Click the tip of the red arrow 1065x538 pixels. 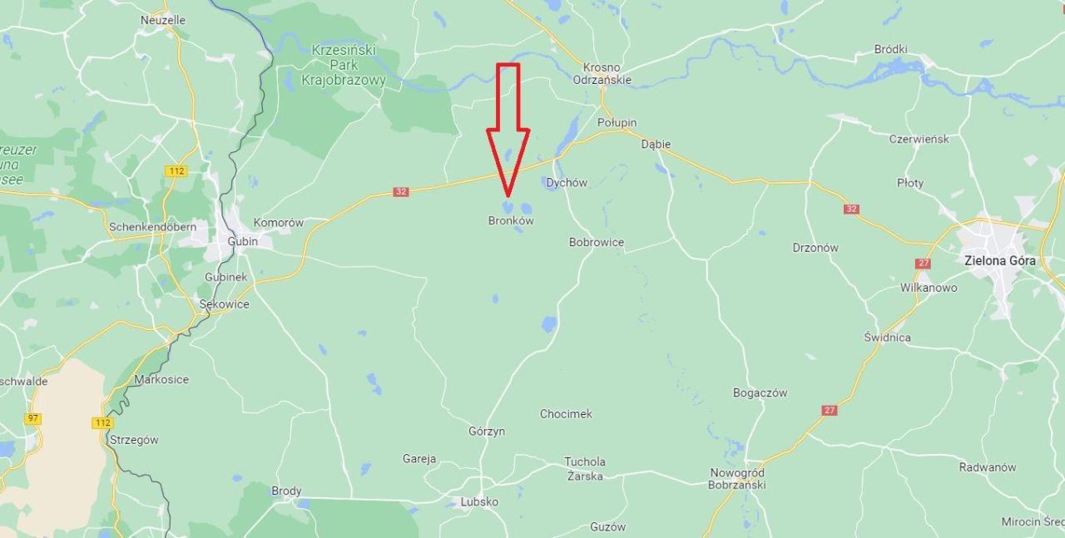(x=508, y=195)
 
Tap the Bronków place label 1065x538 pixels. (x=511, y=221)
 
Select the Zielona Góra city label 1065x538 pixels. (x=1000, y=260)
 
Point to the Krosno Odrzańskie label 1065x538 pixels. (x=602, y=74)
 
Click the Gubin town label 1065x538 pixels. (x=243, y=241)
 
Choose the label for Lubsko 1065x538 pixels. (x=479, y=502)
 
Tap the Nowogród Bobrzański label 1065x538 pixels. (x=736, y=478)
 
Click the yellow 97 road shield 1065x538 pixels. (x=32, y=418)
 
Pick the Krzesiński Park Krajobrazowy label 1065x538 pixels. (x=344, y=65)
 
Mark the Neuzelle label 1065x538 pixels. (x=163, y=20)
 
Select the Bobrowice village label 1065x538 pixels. (x=597, y=243)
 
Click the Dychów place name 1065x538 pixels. (x=567, y=183)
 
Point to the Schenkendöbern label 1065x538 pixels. (x=153, y=226)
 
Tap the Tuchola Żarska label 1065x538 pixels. (x=585, y=469)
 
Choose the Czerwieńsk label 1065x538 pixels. (x=919, y=139)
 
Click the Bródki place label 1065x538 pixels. (x=890, y=49)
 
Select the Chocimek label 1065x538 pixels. (x=566, y=414)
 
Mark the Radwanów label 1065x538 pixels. (x=988, y=467)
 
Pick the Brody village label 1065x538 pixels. (x=286, y=491)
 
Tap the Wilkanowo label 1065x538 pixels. (x=929, y=288)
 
